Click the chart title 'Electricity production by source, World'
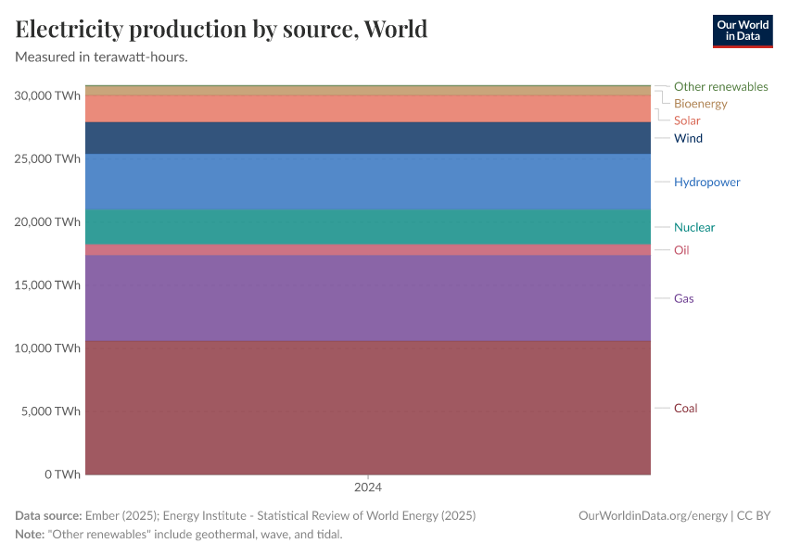coord(222,29)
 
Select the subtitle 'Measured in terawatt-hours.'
coord(102,57)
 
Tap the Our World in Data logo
coord(742,31)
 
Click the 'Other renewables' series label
coord(720,86)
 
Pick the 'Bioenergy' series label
coord(700,104)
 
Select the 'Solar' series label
coord(687,120)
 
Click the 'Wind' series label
coord(688,138)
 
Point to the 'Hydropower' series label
coord(706,182)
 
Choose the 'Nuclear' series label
coord(694,227)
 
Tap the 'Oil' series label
coord(681,250)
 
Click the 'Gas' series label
coord(683,298)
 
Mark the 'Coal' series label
coord(685,409)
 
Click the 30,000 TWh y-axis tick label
coord(49,95)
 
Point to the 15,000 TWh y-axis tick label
coord(49,284)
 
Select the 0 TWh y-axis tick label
coord(61,474)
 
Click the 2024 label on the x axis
coord(368,486)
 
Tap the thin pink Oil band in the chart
coord(368,250)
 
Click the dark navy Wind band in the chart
coord(368,138)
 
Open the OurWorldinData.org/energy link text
coord(652,516)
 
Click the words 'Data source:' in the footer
coord(48,516)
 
